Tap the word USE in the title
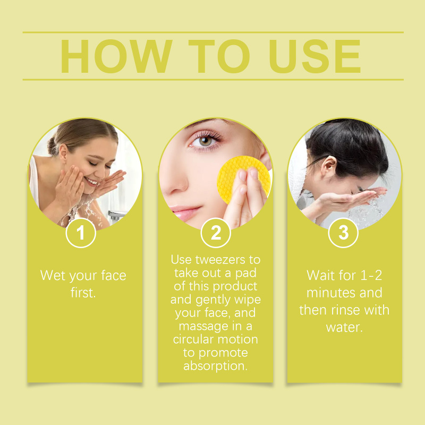(x=314, y=56)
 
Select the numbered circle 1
(x=81, y=233)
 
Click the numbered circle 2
(x=216, y=233)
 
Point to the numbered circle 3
(x=343, y=233)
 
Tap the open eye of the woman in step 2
(x=205, y=141)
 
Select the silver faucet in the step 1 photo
(x=116, y=216)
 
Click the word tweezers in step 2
(x=220, y=260)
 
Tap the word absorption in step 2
(x=216, y=366)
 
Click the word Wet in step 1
(x=53, y=275)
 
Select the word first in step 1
(x=83, y=293)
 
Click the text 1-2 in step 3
(x=371, y=275)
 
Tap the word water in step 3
(x=344, y=327)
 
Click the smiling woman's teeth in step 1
(x=91, y=181)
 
